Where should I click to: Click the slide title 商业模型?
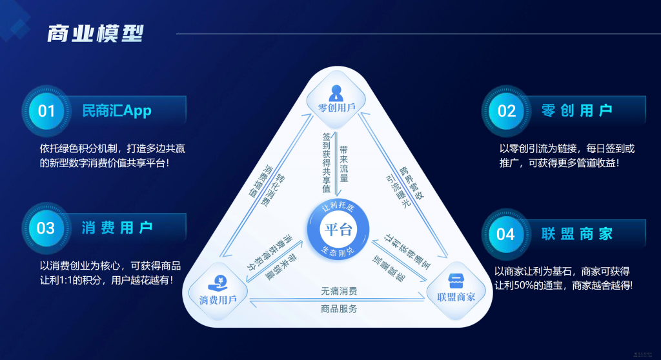point(95,34)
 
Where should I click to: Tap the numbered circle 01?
point(46,111)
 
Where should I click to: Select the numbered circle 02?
point(507,111)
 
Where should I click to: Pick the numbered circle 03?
point(46,228)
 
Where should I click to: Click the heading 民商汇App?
point(117,111)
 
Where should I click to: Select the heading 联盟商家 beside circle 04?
point(577,234)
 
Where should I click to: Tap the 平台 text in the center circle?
point(338,229)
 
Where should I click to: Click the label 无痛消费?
point(339,291)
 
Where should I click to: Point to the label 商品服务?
point(339,308)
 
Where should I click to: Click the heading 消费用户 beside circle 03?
point(117,228)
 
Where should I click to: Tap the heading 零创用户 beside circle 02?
point(577,111)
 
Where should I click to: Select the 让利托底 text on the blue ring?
point(339,208)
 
